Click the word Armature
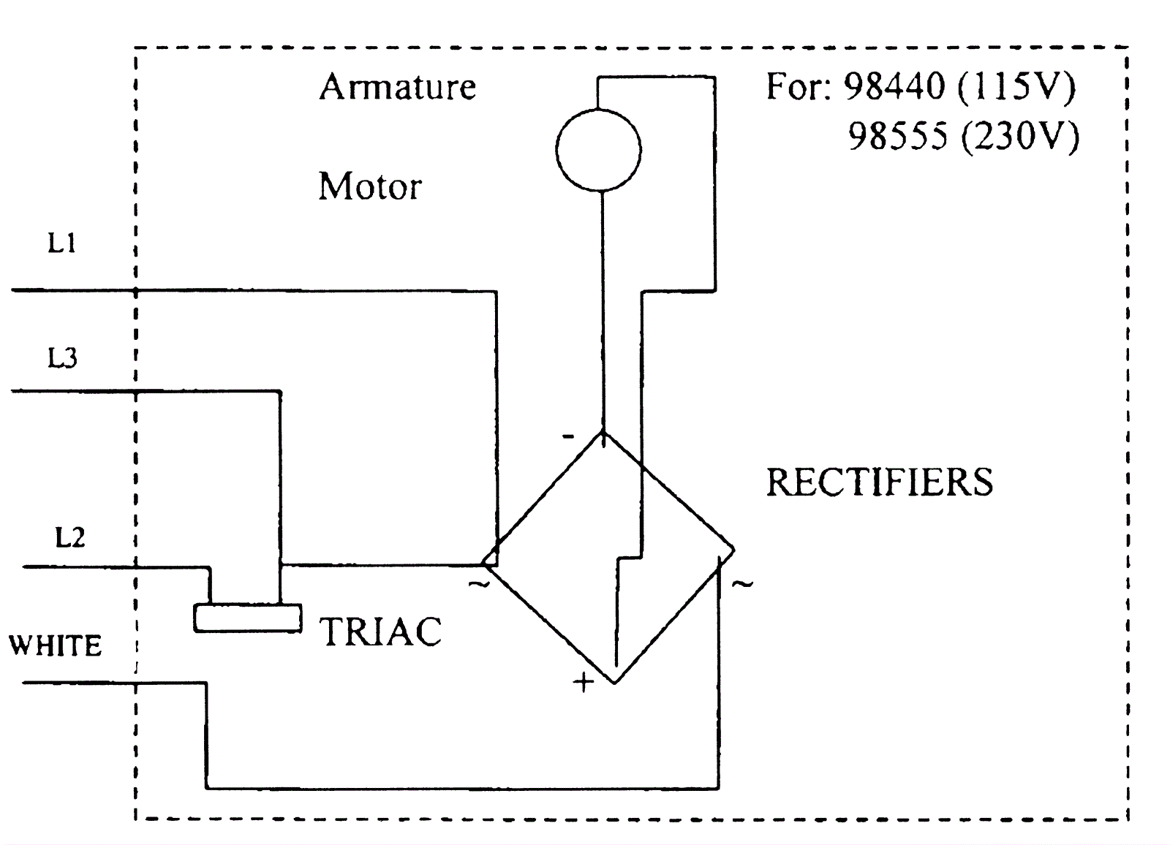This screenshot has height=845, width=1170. click(398, 87)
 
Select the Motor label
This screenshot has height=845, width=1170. click(370, 186)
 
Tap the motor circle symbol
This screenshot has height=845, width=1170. click(598, 151)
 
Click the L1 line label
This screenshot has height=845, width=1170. click(62, 243)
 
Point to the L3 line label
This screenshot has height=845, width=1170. click(62, 358)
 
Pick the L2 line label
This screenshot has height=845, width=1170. click(70, 538)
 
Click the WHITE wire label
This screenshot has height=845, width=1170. click(55, 646)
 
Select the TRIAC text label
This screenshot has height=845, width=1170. click(381, 632)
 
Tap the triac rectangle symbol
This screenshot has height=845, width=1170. click(248, 618)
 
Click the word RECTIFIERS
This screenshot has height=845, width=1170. click(880, 482)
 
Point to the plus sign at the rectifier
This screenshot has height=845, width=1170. click(584, 683)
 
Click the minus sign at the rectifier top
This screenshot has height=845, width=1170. click(568, 437)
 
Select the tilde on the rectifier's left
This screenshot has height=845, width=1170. click(479, 584)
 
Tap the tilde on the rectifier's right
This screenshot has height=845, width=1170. click(742, 584)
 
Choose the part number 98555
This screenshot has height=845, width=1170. click(898, 136)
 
